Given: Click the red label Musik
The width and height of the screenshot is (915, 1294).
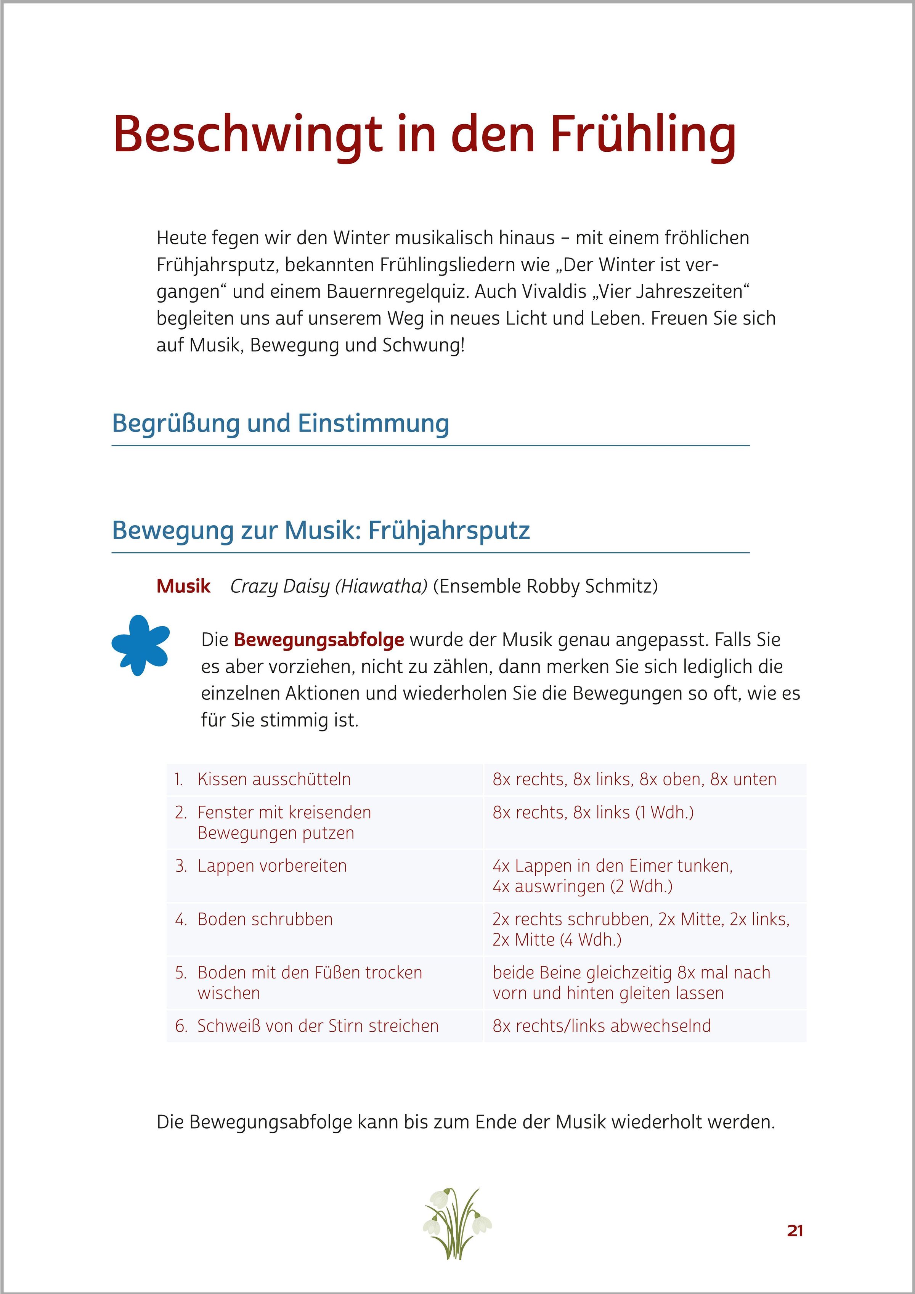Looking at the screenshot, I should pos(183,586).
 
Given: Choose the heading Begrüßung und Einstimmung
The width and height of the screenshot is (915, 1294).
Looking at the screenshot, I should pos(280,423).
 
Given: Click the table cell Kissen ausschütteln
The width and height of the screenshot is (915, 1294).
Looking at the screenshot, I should pos(274,779).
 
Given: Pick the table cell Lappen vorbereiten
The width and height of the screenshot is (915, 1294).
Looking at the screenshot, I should pos(272,866).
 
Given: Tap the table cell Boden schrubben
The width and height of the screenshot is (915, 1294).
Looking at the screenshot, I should pos(265,919).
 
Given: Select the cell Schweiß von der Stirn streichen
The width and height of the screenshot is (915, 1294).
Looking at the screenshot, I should pos(318,1026).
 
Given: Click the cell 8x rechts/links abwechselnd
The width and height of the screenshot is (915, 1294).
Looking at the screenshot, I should pos(602,1026).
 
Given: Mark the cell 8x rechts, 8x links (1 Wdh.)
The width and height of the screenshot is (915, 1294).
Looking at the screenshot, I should pos(593,812).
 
